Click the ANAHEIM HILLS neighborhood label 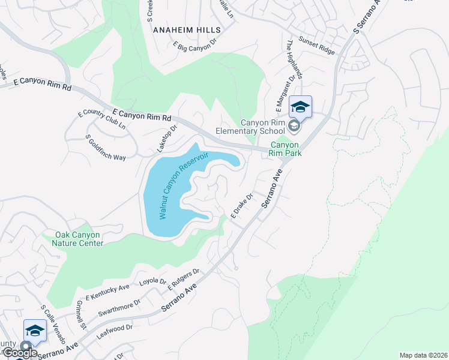tap(187, 29)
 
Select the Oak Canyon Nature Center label tap(79, 239)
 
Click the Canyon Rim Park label tap(285, 149)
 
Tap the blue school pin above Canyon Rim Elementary tap(300, 107)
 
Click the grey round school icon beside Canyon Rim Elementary tap(294, 126)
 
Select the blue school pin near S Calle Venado tap(35, 331)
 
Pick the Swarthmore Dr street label tap(121, 309)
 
